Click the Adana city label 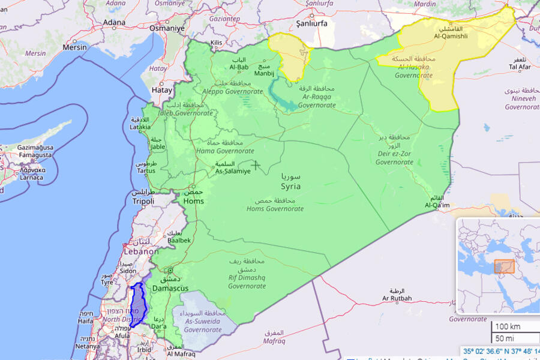point(114,23)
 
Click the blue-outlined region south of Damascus point(139,305)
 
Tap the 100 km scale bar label point(508,327)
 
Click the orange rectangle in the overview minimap point(504,266)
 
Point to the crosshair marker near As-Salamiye point(256,164)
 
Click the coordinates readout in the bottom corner point(500,352)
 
